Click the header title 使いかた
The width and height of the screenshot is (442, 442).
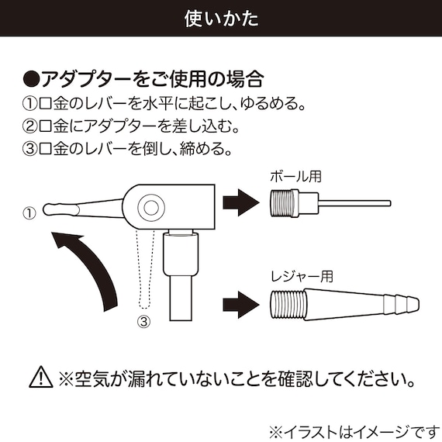tap(221, 17)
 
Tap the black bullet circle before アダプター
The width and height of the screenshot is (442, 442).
tap(30, 79)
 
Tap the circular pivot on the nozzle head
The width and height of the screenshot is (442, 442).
tap(150, 206)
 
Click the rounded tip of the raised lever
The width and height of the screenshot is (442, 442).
tap(49, 209)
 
